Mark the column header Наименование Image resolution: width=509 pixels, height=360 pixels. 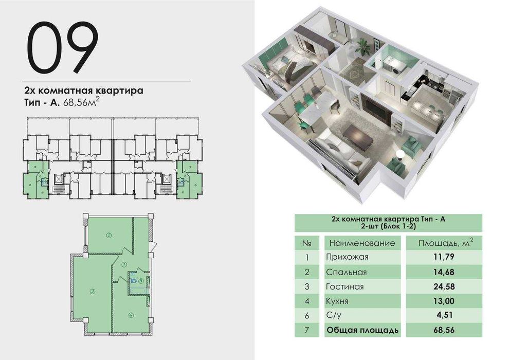(x=362, y=242)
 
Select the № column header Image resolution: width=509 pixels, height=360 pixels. (x=306, y=242)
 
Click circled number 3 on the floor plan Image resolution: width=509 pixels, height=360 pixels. (x=92, y=292)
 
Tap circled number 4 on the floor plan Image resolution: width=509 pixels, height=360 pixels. (x=131, y=315)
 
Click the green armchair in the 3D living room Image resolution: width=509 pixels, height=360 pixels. (x=411, y=146)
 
